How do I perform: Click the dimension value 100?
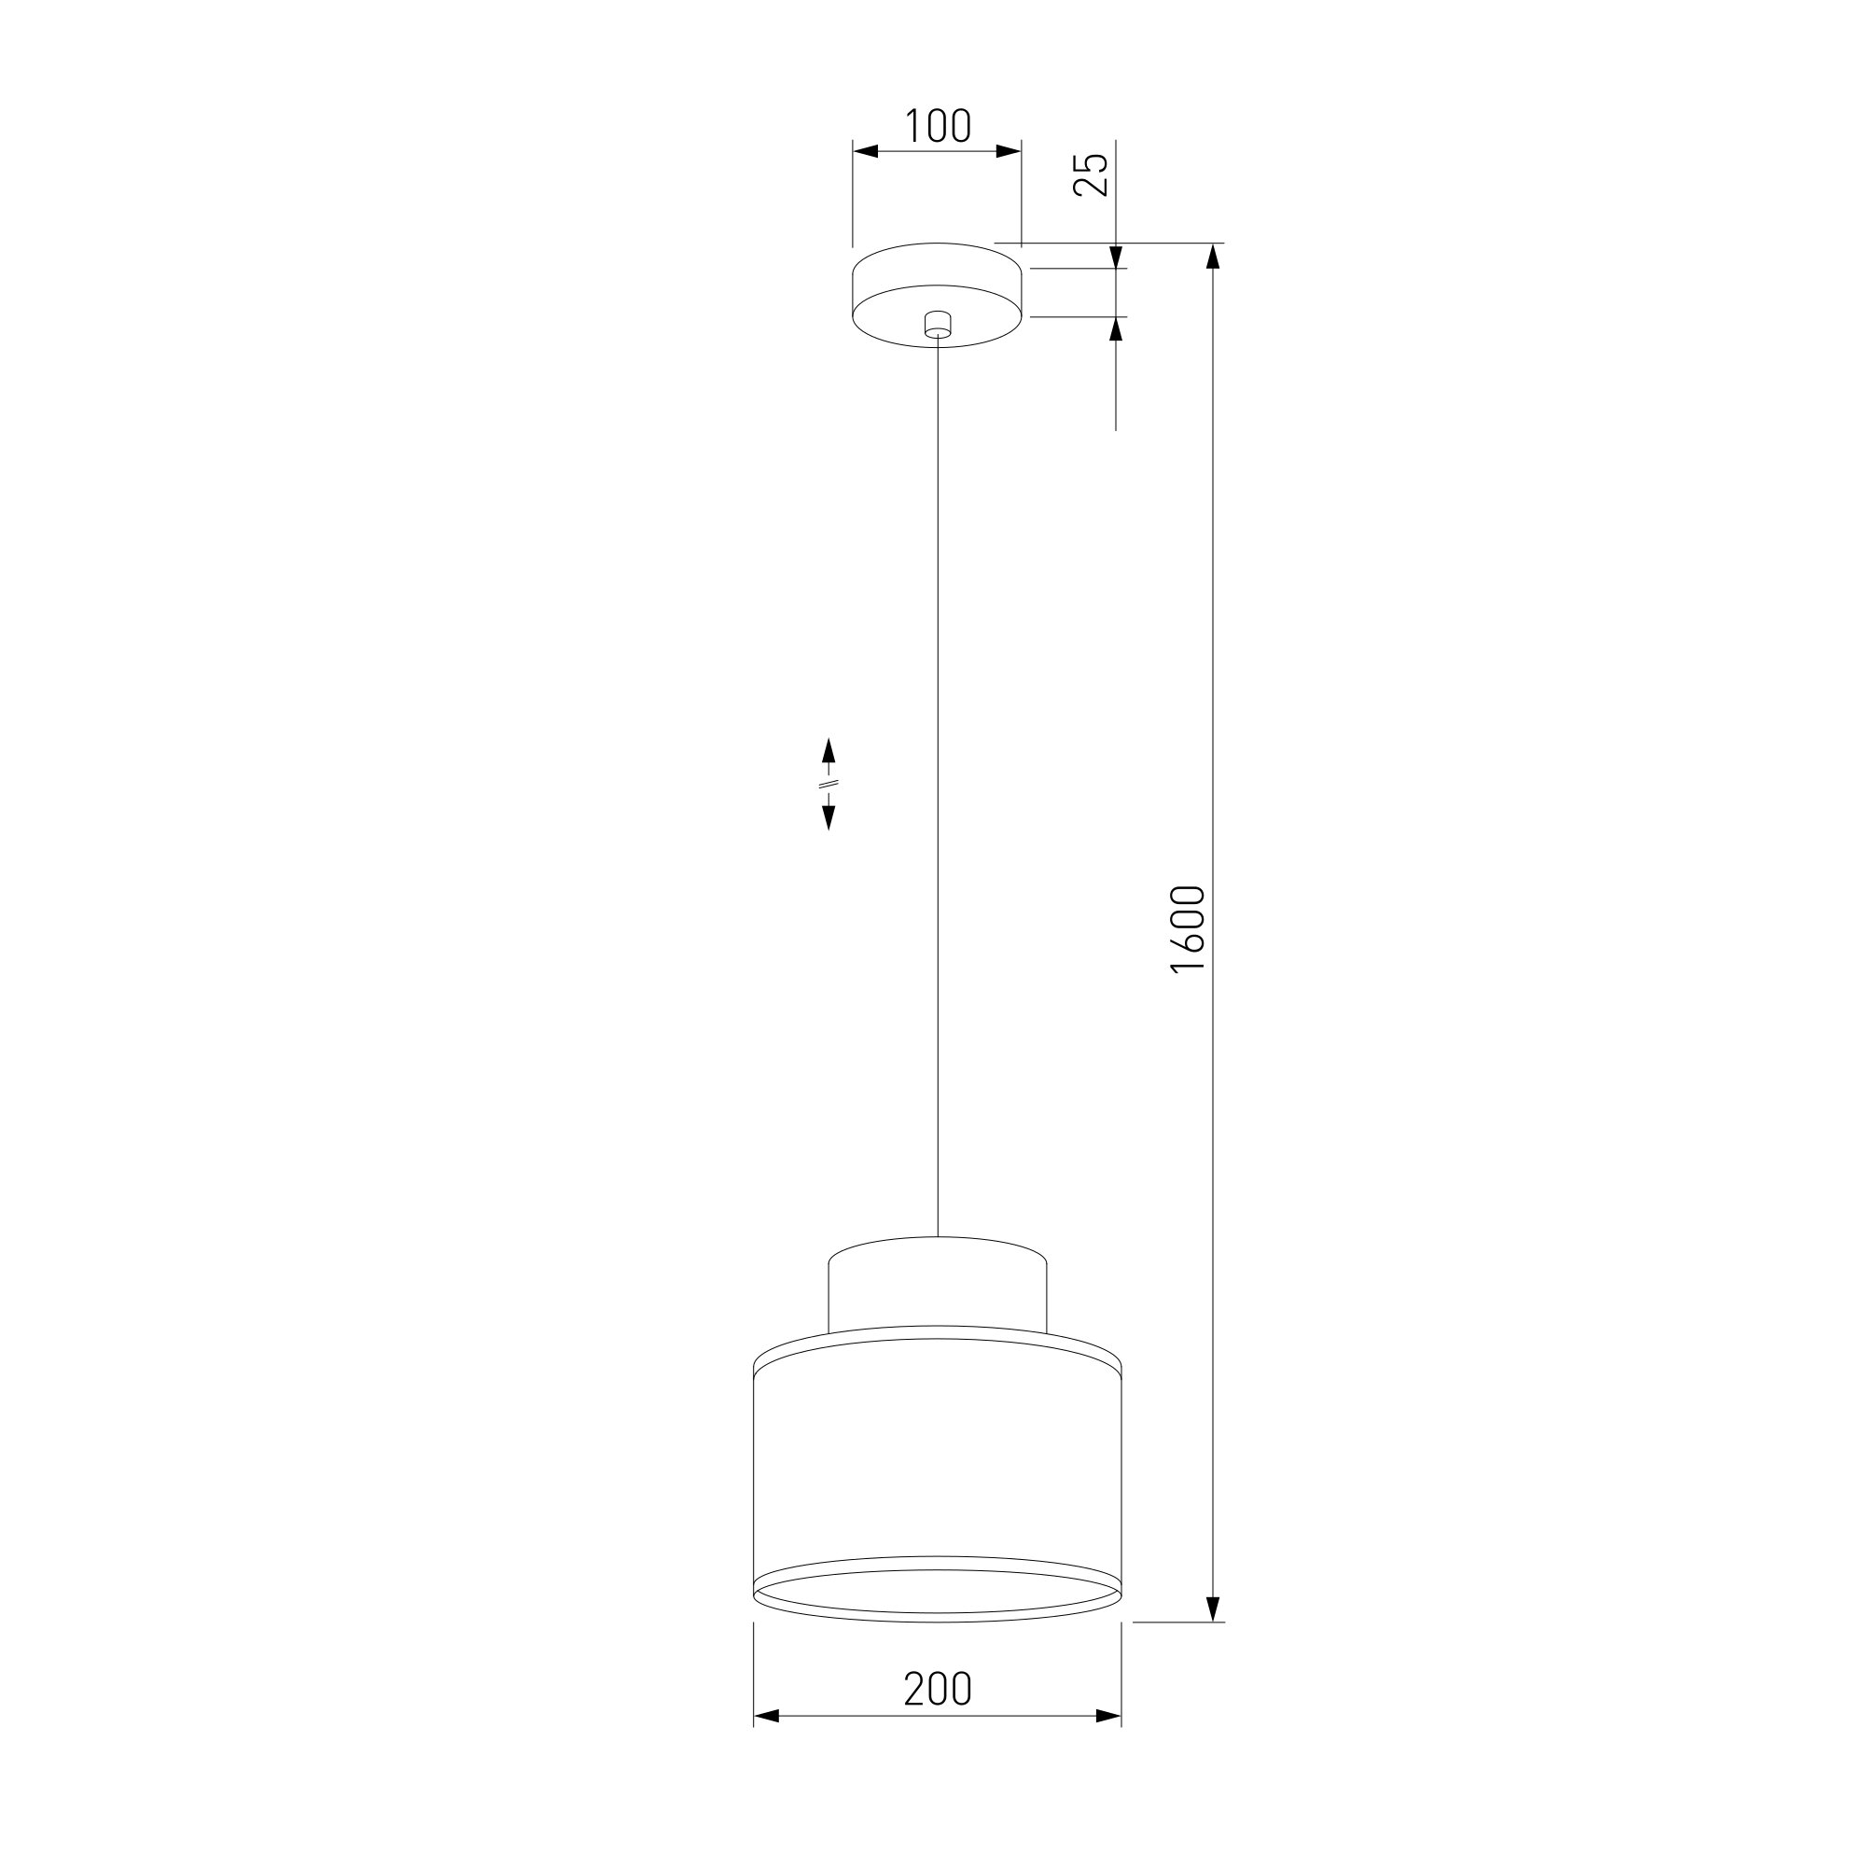(937, 126)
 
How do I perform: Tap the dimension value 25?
(1092, 174)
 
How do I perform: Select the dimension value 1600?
(1188, 929)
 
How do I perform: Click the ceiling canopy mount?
(936, 294)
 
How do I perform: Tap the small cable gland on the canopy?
(936, 325)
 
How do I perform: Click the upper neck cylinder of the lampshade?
(937, 1283)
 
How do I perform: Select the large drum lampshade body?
(937, 1473)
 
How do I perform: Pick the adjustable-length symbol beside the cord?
(828, 785)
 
